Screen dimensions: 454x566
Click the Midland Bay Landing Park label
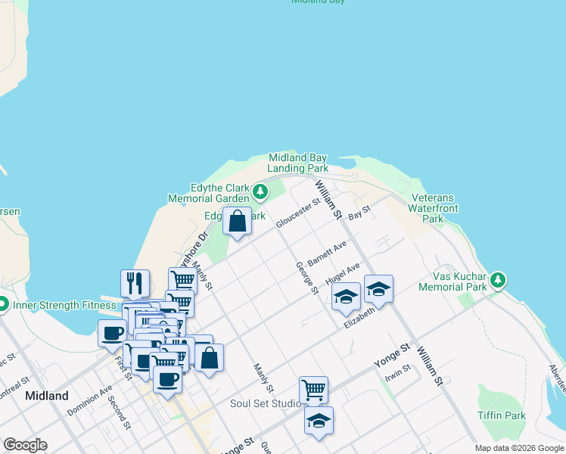tap(298, 163)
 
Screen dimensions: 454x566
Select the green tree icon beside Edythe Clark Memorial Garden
tap(260, 191)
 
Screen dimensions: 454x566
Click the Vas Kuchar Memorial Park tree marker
tap(498, 281)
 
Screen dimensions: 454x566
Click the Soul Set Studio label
tap(266, 403)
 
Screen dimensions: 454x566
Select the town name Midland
tap(46, 396)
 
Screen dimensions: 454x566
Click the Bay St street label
tap(359, 213)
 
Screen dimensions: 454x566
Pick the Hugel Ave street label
tap(342, 274)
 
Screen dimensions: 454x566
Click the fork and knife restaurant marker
tap(135, 283)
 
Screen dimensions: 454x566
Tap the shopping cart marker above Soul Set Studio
tap(313, 390)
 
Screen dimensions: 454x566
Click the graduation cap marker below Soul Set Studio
tap(319, 420)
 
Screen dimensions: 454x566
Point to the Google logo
tap(25, 445)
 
